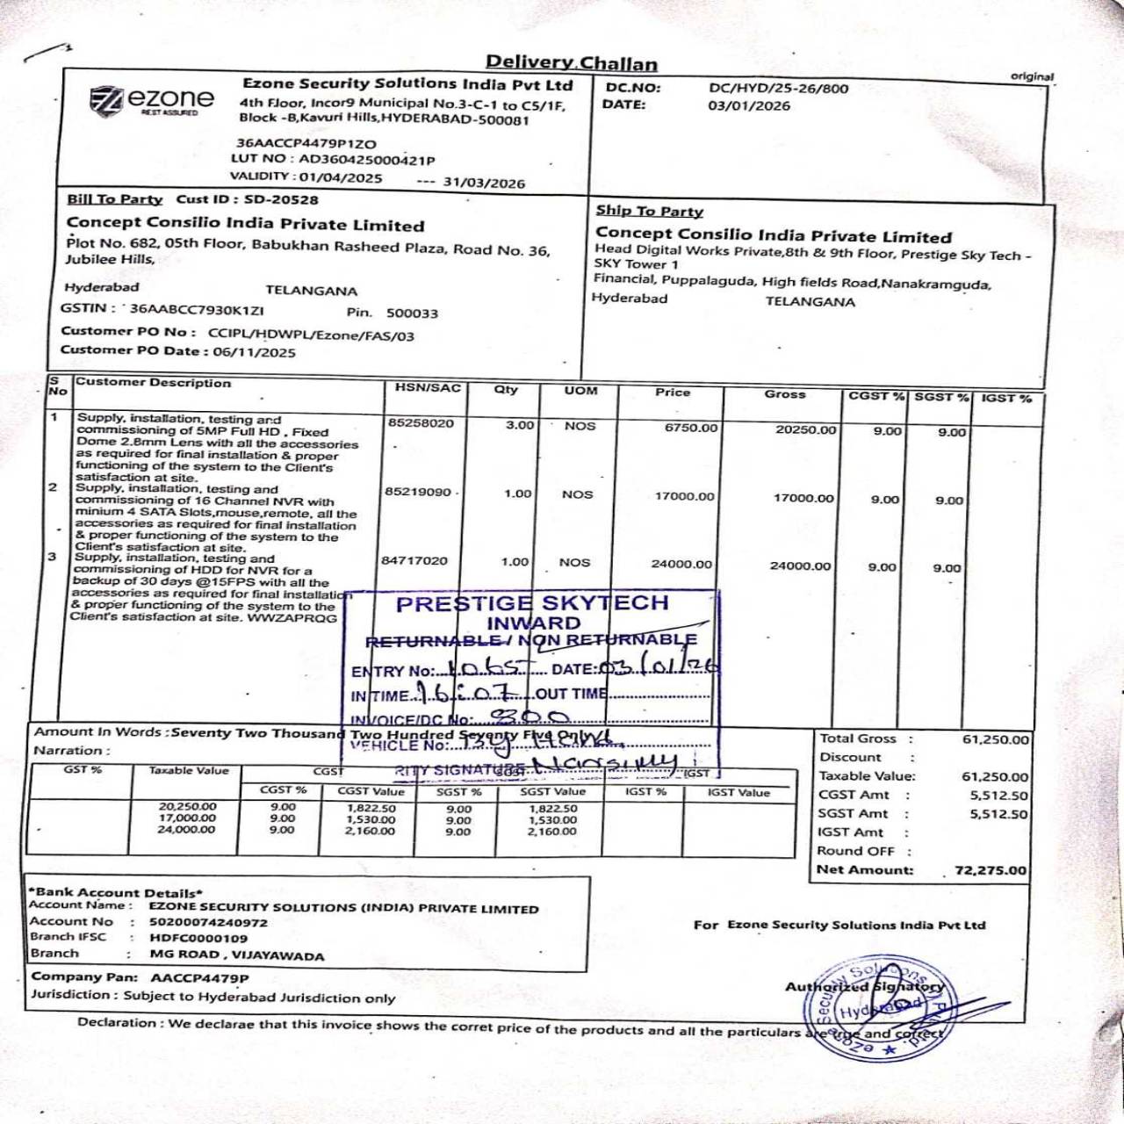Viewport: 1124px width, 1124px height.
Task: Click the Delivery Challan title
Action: [572, 62]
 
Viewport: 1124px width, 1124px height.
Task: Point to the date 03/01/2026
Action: [749, 106]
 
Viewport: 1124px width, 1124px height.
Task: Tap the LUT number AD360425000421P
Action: [367, 160]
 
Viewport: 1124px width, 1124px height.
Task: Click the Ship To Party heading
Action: [649, 211]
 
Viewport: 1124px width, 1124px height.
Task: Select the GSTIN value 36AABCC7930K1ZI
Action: [197, 309]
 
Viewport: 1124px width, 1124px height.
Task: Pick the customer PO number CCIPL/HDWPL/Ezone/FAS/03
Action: [311, 335]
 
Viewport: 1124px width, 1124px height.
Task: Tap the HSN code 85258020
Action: [421, 423]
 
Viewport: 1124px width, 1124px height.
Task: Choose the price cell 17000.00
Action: [684, 496]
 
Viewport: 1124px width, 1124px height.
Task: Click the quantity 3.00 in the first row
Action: [520, 425]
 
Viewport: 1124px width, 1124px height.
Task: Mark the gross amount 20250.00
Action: [805, 429]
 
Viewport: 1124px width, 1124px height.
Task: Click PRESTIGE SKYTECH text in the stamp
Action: [532, 603]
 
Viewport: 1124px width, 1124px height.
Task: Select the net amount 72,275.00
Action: [990, 870]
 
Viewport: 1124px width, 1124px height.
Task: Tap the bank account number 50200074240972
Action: [208, 922]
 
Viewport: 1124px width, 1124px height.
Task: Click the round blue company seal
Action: [879, 1012]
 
